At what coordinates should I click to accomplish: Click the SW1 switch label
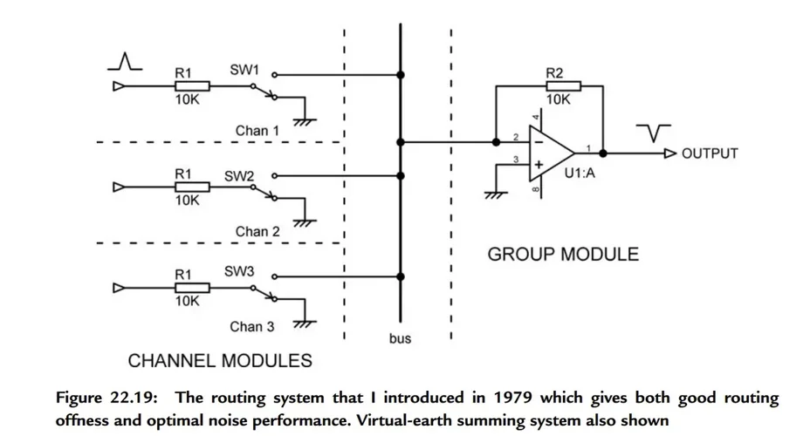coord(244,68)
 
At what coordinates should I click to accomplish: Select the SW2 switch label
coord(239,176)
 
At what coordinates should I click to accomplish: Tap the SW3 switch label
coord(239,272)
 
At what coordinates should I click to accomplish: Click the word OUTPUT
coord(710,153)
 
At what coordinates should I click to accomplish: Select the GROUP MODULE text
coord(562,255)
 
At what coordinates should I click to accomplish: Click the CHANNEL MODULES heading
coord(220,360)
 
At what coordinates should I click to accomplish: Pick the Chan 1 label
coord(257,131)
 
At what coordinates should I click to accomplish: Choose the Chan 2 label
coord(257,232)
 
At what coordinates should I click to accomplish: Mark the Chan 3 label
coord(252,327)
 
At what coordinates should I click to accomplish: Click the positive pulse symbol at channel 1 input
coord(127,61)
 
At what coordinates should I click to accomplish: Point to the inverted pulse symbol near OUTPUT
coord(653,132)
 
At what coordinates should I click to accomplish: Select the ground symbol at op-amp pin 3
coord(496,194)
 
